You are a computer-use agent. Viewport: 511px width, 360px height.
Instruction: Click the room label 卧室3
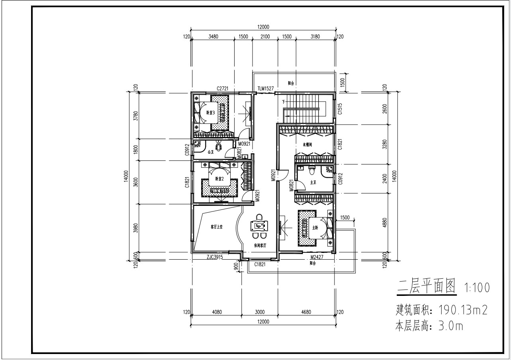click(x=210, y=113)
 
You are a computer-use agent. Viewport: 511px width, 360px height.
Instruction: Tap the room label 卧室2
click(x=219, y=179)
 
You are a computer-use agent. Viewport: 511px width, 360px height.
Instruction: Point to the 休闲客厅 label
click(x=260, y=245)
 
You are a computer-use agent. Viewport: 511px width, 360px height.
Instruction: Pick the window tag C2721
click(x=222, y=88)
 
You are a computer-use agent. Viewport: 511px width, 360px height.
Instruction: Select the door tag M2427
click(x=317, y=257)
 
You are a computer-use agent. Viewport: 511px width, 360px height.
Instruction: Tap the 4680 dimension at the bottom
click(x=306, y=312)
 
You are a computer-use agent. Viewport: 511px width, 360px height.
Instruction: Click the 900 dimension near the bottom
click(x=236, y=266)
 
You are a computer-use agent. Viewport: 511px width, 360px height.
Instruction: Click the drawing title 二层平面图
click(x=426, y=287)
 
